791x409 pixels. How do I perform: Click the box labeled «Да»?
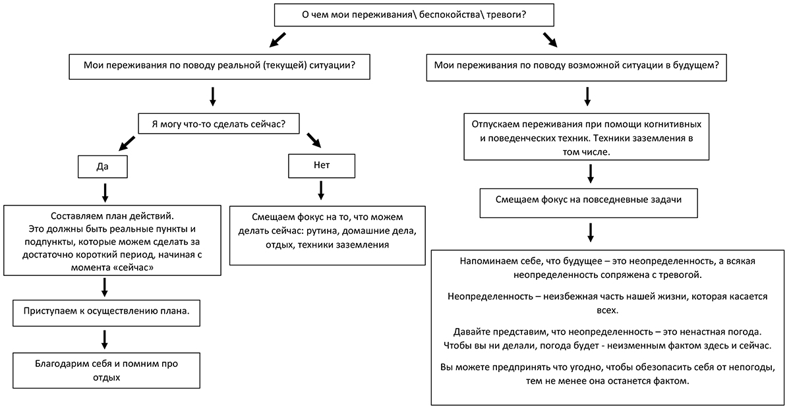point(103,167)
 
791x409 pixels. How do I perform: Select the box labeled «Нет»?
point(322,166)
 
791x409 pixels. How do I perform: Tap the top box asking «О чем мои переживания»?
point(414,15)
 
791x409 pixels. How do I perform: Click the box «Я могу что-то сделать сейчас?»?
point(219,124)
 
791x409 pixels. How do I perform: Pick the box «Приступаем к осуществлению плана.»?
point(106,313)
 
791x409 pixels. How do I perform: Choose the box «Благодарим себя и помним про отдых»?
point(106,371)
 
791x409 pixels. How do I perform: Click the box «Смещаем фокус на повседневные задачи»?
point(589,203)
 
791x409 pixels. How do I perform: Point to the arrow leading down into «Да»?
point(127,144)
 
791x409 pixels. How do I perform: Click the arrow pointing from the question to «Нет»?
point(314,140)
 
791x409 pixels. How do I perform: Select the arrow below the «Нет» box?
point(321,190)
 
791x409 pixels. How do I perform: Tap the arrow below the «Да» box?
point(105,193)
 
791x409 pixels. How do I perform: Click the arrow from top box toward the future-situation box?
point(550,40)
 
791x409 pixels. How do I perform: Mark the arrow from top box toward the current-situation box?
point(278,40)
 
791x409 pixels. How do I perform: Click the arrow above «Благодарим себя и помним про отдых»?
point(105,339)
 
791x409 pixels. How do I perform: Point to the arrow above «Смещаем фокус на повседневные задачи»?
point(591,174)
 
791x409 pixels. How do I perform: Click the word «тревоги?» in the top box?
point(506,15)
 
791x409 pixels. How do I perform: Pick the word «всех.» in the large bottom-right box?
point(607,310)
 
